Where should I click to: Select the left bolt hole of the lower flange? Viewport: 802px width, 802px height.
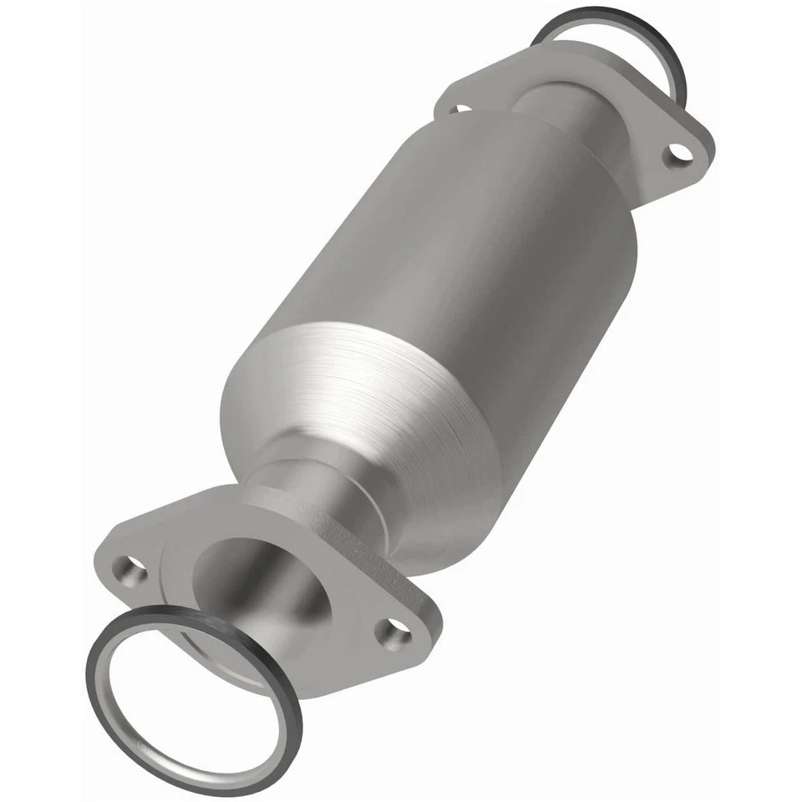pyautogui.click(x=129, y=571)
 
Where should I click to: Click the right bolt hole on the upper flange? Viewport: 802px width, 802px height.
pyautogui.click(x=678, y=154)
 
